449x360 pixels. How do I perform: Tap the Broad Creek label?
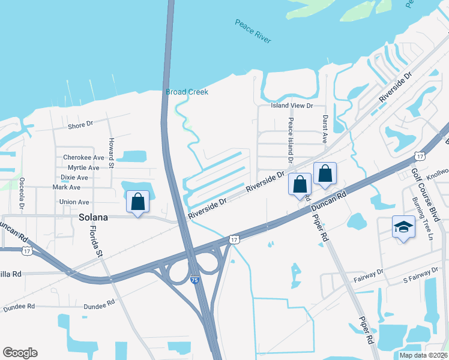187,92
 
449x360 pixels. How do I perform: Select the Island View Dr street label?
292,106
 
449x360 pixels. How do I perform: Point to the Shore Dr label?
80,125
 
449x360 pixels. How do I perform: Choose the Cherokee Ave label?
83,158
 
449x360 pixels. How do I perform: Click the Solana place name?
93,217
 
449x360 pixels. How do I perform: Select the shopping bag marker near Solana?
138,202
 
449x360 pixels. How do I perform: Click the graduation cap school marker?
403,227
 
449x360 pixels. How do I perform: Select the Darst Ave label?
325,129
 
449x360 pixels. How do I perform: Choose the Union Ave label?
74,202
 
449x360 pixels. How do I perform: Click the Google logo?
20,353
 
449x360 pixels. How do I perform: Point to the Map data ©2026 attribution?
423,355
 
